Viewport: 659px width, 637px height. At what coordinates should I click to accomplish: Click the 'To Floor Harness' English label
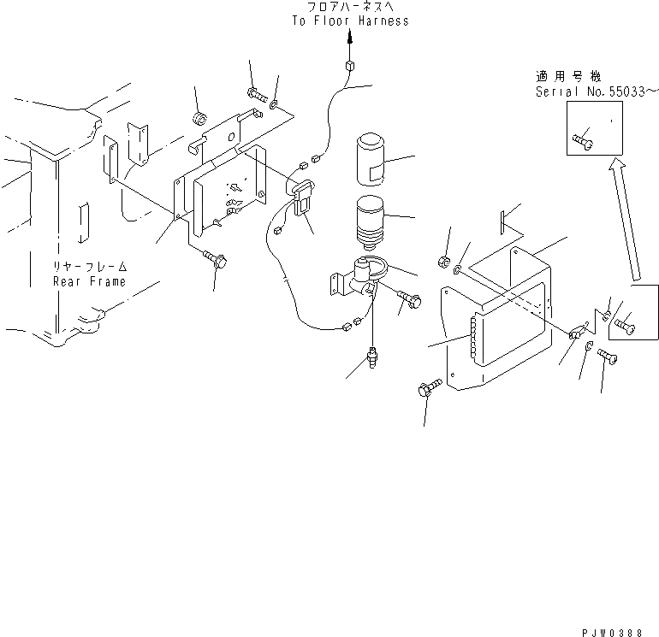(x=348, y=21)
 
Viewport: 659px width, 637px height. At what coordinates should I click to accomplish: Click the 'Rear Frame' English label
(x=89, y=281)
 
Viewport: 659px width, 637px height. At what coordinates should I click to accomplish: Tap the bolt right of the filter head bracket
(x=413, y=299)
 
